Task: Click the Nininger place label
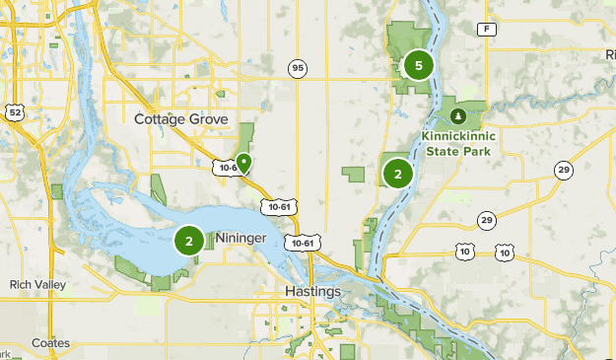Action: [x=240, y=238]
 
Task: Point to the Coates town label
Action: [x=49, y=343]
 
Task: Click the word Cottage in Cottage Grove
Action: [x=161, y=119]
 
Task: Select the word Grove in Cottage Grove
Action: [x=209, y=119]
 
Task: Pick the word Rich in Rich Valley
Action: [x=23, y=285]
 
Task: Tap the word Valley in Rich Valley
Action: [x=56, y=285]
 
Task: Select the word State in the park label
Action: [x=444, y=151]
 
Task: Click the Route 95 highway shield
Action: [x=298, y=68]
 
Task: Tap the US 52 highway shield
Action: [x=14, y=113]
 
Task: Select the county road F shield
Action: [x=485, y=31]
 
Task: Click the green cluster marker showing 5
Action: [x=418, y=65]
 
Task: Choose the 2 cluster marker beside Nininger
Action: [x=189, y=240]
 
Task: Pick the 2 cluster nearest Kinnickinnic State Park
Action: [x=398, y=174]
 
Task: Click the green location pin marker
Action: [x=243, y=161]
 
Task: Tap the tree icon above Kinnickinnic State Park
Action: [x=456, y=115]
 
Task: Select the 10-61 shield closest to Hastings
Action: [x=301, y=243]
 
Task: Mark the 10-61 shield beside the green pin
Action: [x=227, y=168]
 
